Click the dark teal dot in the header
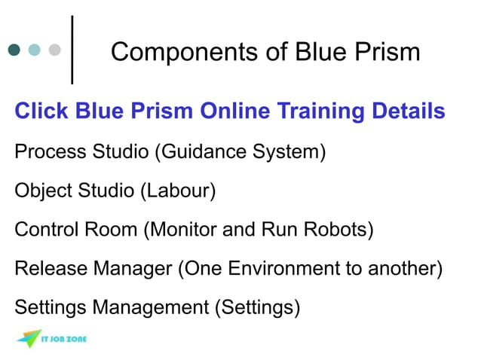click(x=14, y=50)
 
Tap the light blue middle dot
click(x=35, y=50)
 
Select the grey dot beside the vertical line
click(x=54, y=50)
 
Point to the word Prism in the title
click(x=384, y=52)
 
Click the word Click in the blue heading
click(x=41, y=112)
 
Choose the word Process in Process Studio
click(x=45, y=152)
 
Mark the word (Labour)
click(x=178, y=191)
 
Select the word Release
click(x=50, y=269)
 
